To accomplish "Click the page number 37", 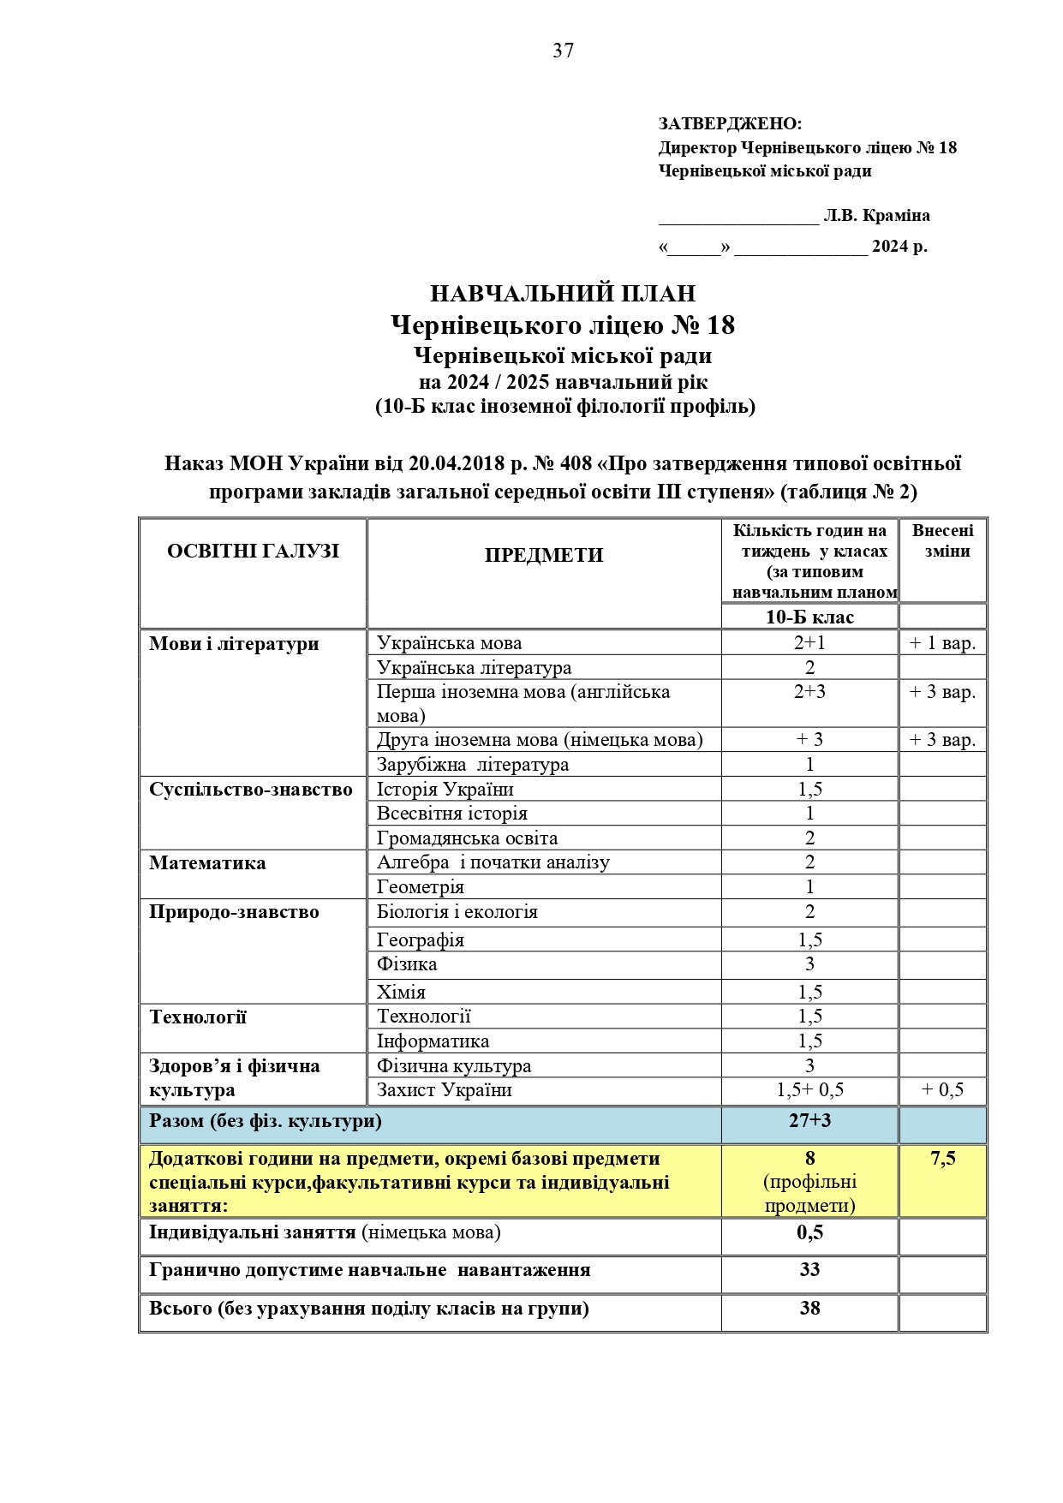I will [x=563, y=51].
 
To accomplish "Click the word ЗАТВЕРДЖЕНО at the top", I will [x=729, y=124].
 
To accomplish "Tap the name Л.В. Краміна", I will [x=876, y=216].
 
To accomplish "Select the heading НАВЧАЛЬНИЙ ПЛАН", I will [x=563, y=294].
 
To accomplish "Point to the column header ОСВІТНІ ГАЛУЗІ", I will [x=253, y=551].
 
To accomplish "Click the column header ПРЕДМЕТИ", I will [x=544, y=555].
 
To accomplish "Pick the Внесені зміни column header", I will [x=942, y=540].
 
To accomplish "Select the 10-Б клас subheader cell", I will [x=809, y=617].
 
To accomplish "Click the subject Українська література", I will [x=474, y=668].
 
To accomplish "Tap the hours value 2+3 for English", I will [x=809, y=692].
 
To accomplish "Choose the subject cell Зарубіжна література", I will [x=473, y=765].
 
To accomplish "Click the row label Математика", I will [x=207, y=863].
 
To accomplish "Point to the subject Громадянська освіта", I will [x=467, y=838].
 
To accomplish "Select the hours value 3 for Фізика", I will [x=809, y=964].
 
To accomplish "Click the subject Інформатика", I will [x=433, y=1041].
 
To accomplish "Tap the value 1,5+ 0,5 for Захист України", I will [x=809, y=1090].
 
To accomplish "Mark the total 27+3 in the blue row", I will [x=809, y=1121].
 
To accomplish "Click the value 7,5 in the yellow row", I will [x=942, y=1159].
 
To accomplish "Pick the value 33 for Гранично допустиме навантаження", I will [x=809, y=1270].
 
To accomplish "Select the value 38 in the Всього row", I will [x=809, y=1309].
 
